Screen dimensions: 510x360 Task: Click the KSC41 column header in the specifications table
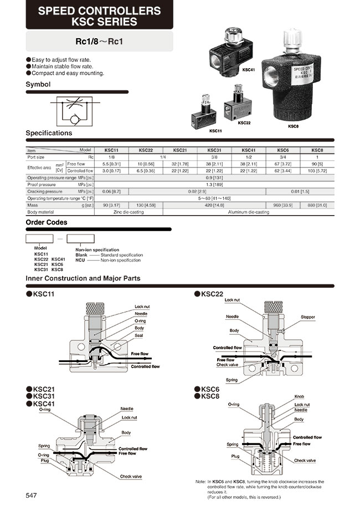(248, 150)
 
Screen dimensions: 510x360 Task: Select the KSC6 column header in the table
(282, 150)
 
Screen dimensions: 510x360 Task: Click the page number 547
(32, 495)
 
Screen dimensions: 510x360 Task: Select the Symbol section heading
(38, 84)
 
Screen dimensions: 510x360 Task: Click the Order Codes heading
(47, 222)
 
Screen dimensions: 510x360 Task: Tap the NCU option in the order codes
(80, 260)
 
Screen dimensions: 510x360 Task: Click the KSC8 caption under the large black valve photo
(293, 126)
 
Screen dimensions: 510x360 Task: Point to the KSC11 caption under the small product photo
(215, 131)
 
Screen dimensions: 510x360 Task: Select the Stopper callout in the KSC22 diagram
(308, 318)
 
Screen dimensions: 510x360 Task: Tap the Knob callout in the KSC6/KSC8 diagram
(299, 397)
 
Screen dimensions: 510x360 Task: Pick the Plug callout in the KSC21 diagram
(44, 460)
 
